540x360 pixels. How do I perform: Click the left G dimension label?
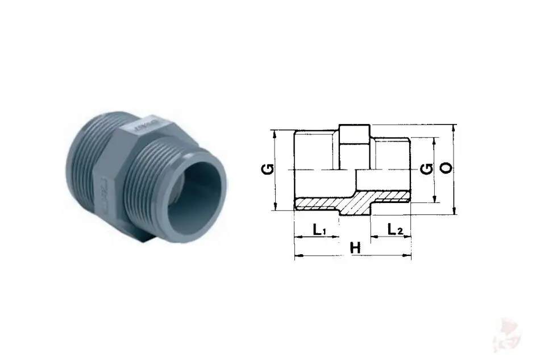tap(269, 169)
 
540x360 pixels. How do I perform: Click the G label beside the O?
tap(427, 169)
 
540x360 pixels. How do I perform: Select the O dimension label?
tap(447, 168)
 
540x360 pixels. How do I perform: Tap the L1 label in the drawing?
tap(319, 229)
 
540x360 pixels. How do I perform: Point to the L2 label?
tap(394, 229)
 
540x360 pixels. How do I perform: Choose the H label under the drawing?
tap(355, 248)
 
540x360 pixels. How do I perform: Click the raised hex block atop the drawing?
tap(354, 134)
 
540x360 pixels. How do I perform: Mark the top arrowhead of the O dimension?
tap(454, 128)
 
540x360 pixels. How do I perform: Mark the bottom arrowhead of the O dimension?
tap(454, 210)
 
